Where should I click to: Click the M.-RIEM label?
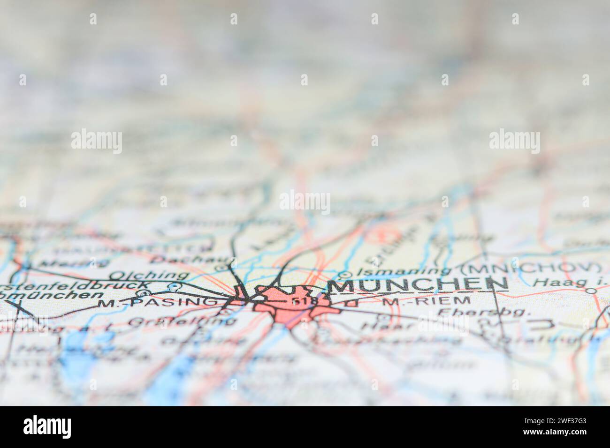(426, 301)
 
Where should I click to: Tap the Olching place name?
(149, 275)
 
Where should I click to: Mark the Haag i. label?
(560, 282)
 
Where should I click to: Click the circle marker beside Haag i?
(592, 291)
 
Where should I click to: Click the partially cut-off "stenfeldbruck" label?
(76, 285)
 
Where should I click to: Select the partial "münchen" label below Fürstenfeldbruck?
(52, 295)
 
